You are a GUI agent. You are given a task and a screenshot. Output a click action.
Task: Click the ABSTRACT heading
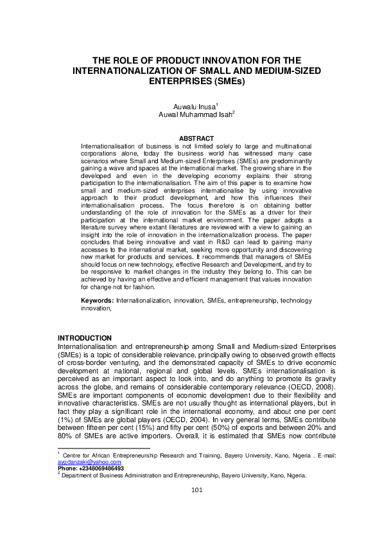(x=191, y=138)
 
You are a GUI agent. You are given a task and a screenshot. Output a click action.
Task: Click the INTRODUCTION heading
(x=85, y=338)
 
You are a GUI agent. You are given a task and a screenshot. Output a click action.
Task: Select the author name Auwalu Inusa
(x=190, y=105)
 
